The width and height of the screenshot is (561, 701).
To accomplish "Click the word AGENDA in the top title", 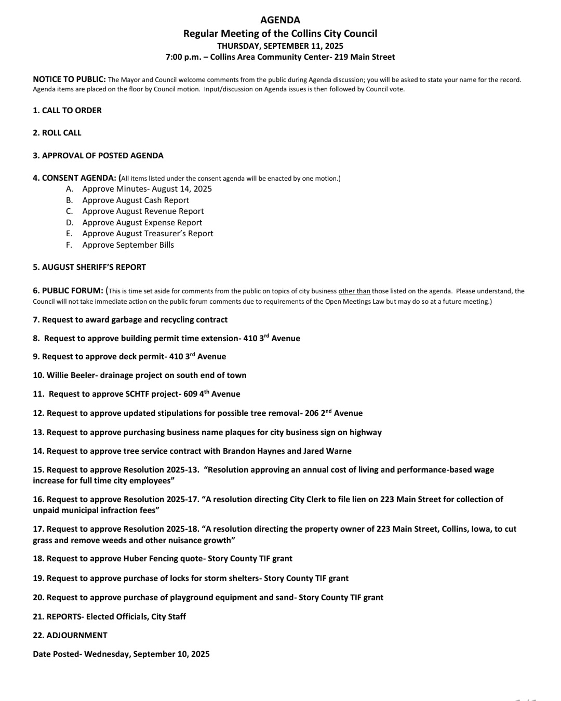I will click(280, 20).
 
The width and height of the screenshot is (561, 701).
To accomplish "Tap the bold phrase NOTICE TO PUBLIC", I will click(69, 79).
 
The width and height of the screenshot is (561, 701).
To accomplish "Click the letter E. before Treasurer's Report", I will click(69, 234).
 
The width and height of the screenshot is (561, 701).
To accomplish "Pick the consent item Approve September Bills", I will click(128, 245).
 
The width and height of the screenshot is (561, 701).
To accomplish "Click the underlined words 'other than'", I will click(354, 291).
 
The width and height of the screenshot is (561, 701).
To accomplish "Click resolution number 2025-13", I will click(182, 470).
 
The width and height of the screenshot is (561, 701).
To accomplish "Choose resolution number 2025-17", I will click(182, 500).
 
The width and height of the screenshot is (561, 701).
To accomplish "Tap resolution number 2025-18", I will click(182, 529).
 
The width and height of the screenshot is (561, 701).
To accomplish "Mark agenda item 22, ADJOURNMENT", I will click(77, 636).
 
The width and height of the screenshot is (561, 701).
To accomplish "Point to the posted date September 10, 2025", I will click(171, 654).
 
